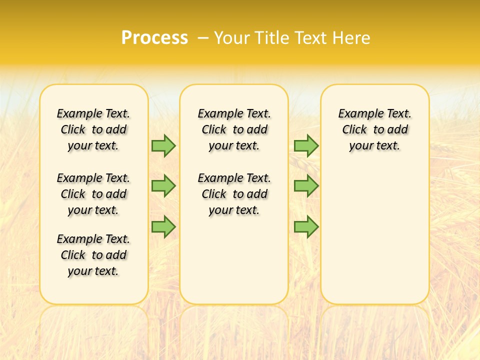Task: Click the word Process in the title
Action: pyautogui.click(x=154, y=38)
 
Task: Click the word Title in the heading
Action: pyautogui.click(x=273, y=38)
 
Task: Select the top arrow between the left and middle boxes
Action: pyautogui.click(x=163, y=145)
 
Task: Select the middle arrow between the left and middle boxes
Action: pyautogui.click(x=163, y=186)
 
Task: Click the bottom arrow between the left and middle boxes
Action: pyautogui.click(x=163, y=226)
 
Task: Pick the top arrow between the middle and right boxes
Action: pyautogui.click(x=306, y=145)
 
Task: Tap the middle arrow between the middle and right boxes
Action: pyautogui.click(x=306, y=186)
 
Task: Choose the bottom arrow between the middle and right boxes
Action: pyautogui.click(x=306, y=226)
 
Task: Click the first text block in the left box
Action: pyautogui.click(x=93, y=129)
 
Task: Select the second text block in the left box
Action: pyautogui.click(x=93, y=194)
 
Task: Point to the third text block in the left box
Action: pyautogui.click(x=93, y=255)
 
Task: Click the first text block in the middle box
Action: pyautogui.click(x=234, y=129)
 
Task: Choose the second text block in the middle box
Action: pyautogui.click(x=234, y=194)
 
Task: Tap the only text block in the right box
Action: pyautogui.click(x=375, y=129)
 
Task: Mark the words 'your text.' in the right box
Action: pyautogui.click(x=375, y=146)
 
